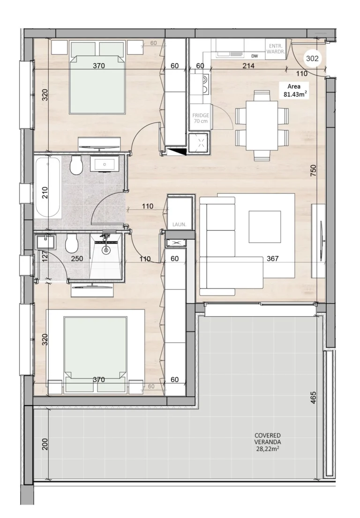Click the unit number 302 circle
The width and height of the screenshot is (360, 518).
coord(312,59)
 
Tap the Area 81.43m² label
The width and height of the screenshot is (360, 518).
coord(294,90)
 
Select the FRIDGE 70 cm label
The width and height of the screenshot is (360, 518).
coord(201,118)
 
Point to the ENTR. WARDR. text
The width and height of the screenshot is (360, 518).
coord(275,49)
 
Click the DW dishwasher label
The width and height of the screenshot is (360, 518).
coord(255,56)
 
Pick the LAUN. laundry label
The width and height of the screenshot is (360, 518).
coord(180,225)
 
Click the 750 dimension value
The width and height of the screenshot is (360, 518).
coord(314,170)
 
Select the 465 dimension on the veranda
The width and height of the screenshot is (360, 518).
coord(314,398)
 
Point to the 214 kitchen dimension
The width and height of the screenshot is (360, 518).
coord(248,66)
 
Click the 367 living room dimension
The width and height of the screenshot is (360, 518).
coord(273,259)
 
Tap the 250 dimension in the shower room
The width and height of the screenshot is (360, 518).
coord(77,259)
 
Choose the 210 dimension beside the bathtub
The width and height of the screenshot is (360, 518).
coord(45,192)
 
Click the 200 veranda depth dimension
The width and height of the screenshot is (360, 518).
coord(45,444)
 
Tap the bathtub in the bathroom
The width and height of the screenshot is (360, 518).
coord(48,187)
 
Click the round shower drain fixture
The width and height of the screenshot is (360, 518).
coord(106,250)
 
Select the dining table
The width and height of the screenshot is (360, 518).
coord(262,126)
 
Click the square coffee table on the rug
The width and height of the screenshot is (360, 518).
coord(265,227)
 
